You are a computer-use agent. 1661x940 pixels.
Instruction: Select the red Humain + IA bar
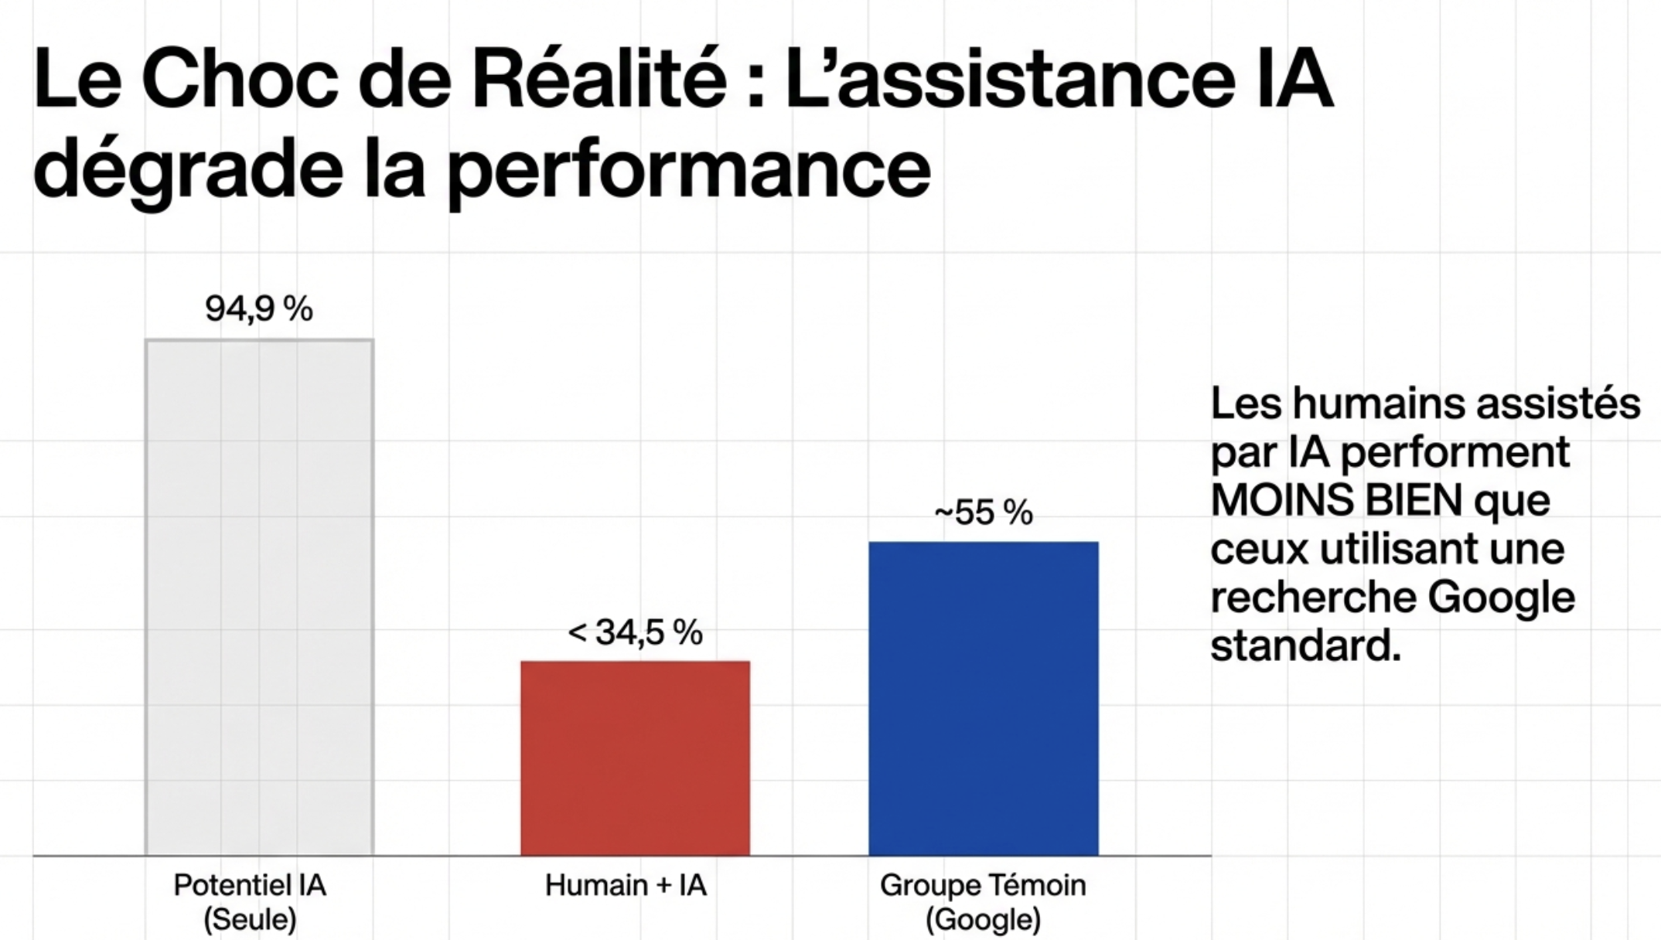point(635,758)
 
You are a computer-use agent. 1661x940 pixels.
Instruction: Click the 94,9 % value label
point(259,309)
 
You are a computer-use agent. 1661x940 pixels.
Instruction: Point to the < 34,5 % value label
point(635,632)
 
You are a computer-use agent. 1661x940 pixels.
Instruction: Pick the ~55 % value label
point(983,513)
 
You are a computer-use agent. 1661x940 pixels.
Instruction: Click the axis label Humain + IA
point(626,885)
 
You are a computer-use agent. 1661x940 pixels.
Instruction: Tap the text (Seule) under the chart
point(250,919)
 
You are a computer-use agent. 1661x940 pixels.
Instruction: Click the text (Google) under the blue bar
point(983,919)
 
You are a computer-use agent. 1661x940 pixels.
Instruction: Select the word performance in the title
point(689,170)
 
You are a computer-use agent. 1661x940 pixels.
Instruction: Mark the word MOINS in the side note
point(1281,500)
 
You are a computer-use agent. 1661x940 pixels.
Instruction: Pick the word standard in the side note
point(1305,645)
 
